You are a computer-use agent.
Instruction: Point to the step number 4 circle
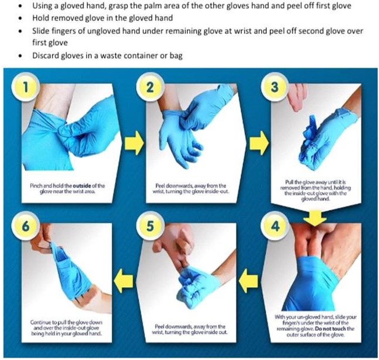pyautogui.click(x=276, y=225)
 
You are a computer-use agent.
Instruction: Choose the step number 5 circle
pyautogui.click(x=150, y=225)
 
